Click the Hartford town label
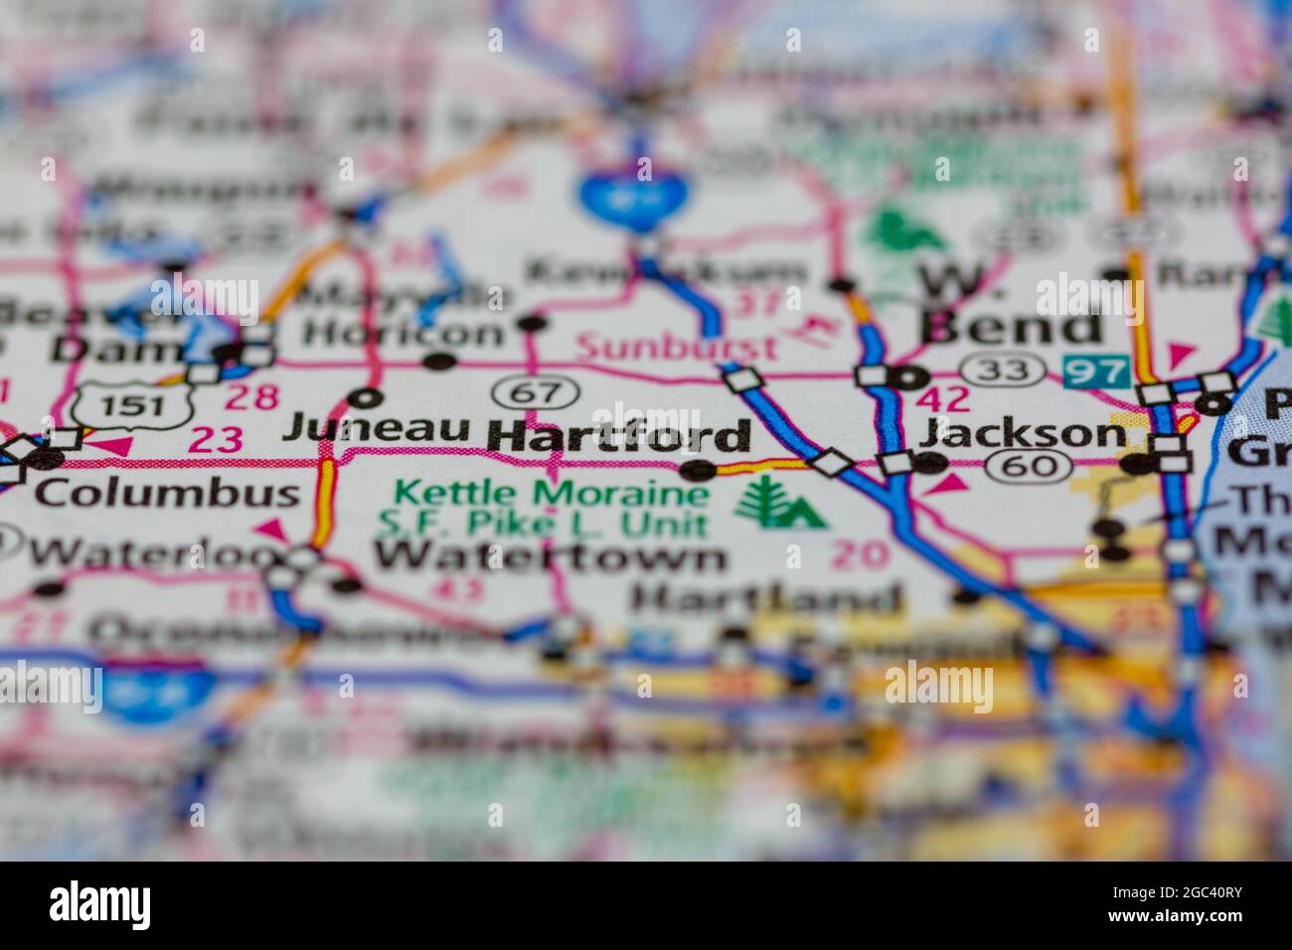coord(618,436)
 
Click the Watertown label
coord(550,556)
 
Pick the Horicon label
coord(404,333)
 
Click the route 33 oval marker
coord(1008,370)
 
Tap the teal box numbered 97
coord(1096,373)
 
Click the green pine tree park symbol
coord(781,504)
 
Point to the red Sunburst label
coord(677,348)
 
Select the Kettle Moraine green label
coord(552,493)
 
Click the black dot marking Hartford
coord(699,469)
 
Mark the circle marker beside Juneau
coord(365,398)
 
